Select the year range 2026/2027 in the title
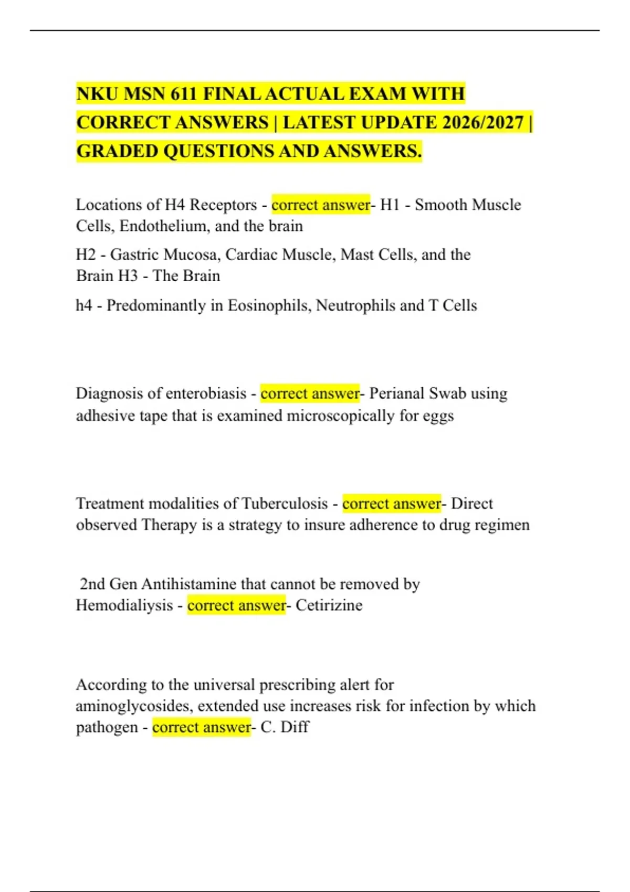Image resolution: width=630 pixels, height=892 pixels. tap(483, 123)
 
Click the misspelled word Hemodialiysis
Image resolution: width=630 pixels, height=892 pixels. tap(124, 606)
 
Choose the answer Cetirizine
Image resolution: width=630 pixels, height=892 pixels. tap(329, 606)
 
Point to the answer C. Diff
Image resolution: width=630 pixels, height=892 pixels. tap(285, 727)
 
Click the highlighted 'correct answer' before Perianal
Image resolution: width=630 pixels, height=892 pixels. tap(310, 394)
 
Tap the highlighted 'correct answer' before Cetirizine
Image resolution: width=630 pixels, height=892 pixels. tap(236, 606)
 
